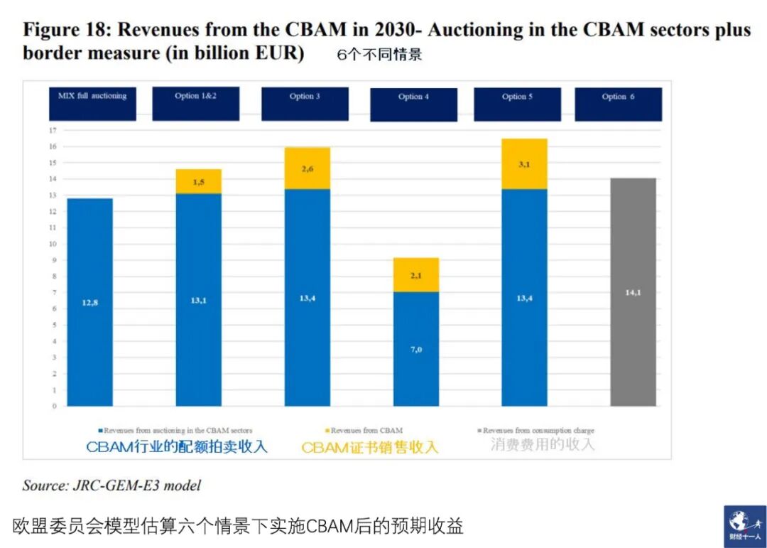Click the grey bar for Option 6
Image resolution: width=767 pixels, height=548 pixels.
(633, 292)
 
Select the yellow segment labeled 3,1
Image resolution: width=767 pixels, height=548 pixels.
(524, 164)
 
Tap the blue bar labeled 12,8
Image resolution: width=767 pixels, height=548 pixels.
(89, 302)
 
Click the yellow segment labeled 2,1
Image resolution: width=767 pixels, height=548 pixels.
(415, 275)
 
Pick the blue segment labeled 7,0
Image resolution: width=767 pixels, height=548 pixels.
(415, 348)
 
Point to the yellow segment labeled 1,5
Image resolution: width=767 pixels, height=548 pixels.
(198, 181)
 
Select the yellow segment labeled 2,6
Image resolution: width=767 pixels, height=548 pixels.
(307, 168)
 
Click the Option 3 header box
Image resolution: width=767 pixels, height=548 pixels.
(305, 104)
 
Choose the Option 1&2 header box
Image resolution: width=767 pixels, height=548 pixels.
(196, 104)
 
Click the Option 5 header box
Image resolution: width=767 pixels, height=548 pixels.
(517, 104)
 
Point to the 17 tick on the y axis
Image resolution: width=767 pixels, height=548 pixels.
(52, 131)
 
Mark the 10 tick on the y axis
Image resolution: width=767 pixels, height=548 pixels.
(52, 244)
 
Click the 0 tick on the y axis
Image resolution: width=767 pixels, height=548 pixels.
(52, 407)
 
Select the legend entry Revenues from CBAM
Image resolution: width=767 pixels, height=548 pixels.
(366, 431)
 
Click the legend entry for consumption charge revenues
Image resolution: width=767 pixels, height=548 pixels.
(537, 431)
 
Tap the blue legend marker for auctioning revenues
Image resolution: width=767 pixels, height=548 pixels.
(99, 431)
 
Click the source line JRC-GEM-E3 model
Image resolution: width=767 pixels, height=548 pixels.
(111, 485)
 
